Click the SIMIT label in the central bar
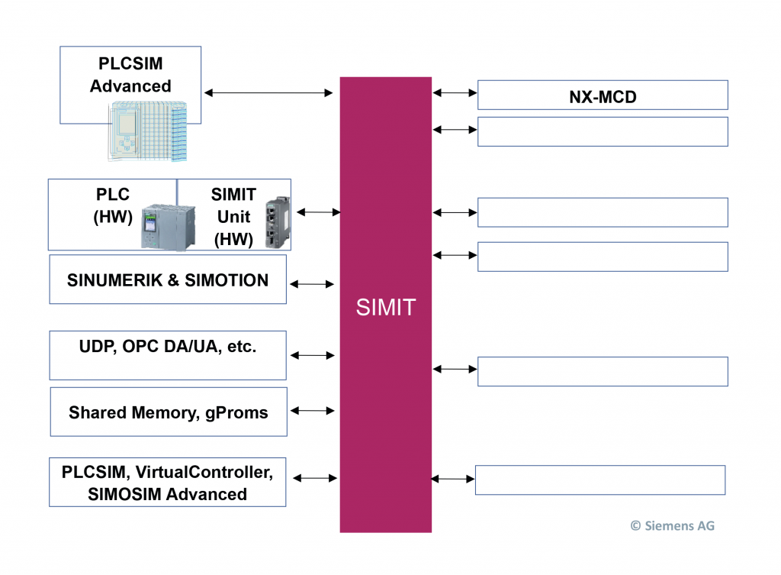tap(386, 307)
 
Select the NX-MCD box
tap(603, 95)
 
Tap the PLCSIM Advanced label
tap(130, 75)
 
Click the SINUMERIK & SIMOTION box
tap(168, 280)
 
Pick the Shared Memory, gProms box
tap(169, 412)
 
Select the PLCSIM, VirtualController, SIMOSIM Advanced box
tap(167, 483)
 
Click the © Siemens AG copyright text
tap(672, 525)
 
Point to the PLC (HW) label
tap(113, 205)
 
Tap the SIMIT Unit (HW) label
tap(233, 216)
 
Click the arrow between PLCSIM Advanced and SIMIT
tap(268, 93)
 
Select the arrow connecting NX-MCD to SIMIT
tap(455, 93)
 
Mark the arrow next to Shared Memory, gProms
tap(313, 411)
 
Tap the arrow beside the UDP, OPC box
tap(313, 355)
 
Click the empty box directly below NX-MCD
tap(603, 131)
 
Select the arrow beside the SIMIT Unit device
tap(318, 212)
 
